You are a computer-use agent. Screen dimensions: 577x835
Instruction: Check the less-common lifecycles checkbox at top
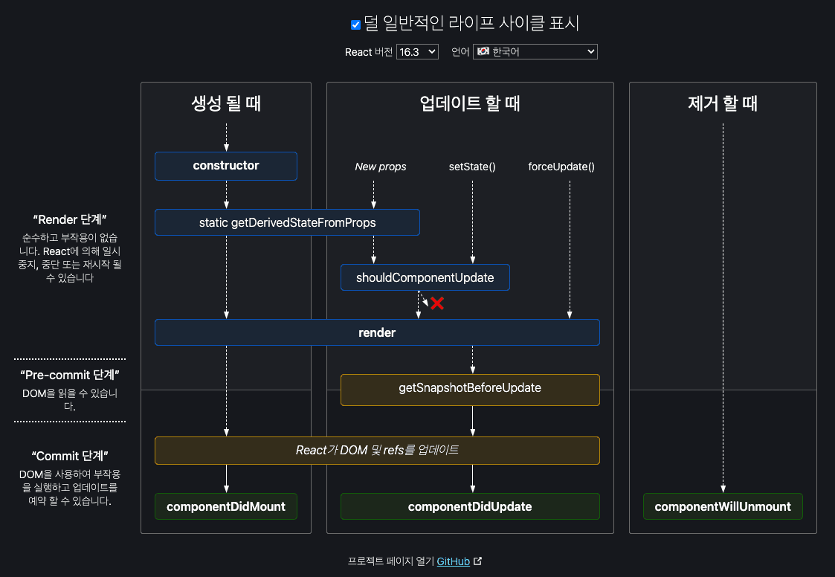[356, 25]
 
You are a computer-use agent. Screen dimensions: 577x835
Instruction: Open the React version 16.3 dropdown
[417, 51]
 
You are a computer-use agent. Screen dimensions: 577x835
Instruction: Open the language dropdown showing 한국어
[535, 51]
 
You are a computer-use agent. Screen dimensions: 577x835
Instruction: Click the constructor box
[226, 166]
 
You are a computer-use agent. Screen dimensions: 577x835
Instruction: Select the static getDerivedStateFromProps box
[287, 222]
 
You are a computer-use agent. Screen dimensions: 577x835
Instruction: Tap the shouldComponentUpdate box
[425, 277]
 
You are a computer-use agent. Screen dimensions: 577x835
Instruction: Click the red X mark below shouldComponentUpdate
[437, 303]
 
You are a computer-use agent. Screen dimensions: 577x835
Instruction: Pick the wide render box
[377, 332]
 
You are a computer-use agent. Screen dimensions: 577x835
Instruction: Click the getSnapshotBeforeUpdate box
[470, 388]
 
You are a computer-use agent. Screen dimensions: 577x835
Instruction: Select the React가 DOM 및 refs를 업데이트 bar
[377, 451]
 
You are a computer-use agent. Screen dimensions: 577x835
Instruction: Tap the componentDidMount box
[226, 506]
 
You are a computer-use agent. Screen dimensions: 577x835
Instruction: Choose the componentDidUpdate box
[470, 506]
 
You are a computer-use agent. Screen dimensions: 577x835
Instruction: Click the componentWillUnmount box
[723, 506]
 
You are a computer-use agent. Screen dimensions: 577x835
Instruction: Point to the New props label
[381, 167]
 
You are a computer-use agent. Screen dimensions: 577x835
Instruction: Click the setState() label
[472, 167]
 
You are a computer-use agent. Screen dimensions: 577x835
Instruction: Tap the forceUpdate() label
[561, 167]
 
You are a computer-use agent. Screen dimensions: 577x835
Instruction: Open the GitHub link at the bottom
[454, 561]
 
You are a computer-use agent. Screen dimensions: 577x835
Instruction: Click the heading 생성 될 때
[226, 103]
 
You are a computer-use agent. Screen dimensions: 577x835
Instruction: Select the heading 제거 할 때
[723, 103]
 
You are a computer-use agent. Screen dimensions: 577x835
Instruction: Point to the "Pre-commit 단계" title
[70, 375]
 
